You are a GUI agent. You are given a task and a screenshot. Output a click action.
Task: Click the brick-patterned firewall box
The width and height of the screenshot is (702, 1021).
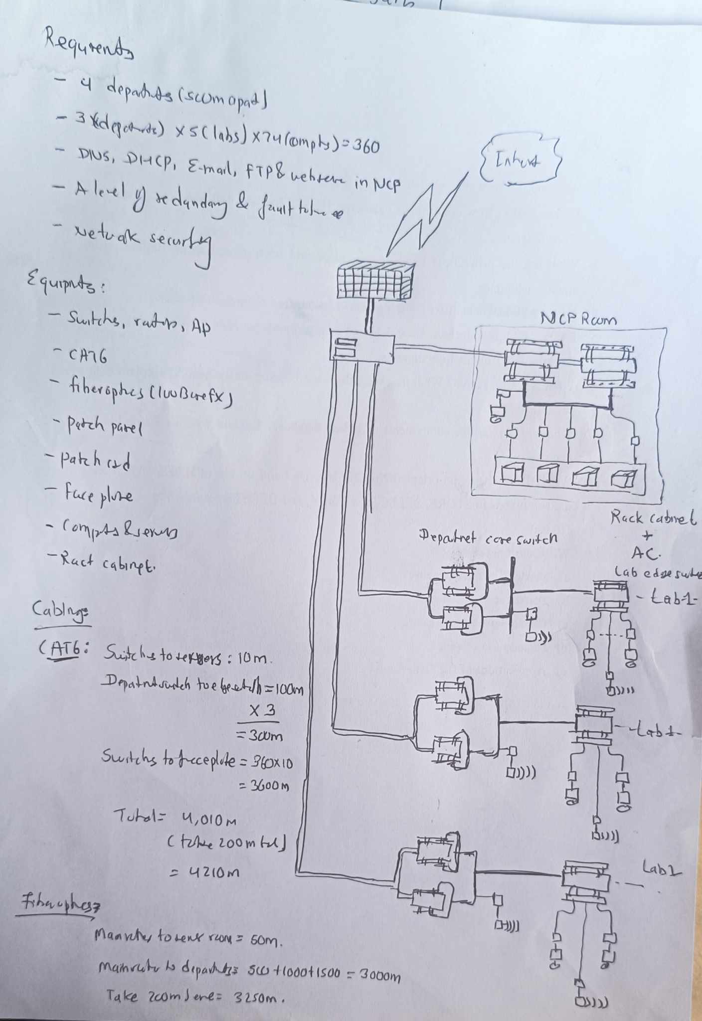click(375, 281)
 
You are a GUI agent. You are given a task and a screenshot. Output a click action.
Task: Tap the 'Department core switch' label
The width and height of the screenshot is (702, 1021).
click(487, 538)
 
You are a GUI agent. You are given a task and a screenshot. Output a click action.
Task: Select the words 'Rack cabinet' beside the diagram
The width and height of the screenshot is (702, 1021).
click(653, 518)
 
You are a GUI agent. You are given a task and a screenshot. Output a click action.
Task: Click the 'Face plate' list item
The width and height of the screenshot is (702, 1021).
click(98, 495)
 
